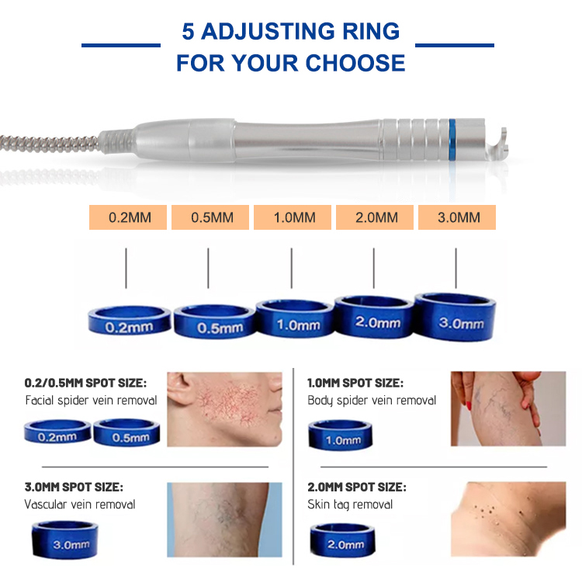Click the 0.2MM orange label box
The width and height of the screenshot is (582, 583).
128,217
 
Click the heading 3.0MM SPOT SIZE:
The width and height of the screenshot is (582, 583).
73,488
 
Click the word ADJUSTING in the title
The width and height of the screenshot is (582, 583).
289,32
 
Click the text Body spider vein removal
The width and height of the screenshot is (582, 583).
372,401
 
